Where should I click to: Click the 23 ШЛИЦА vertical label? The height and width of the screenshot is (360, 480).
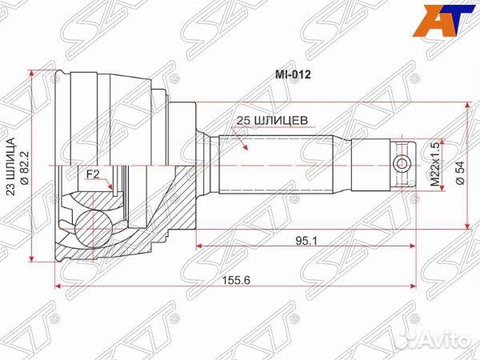[10, 166]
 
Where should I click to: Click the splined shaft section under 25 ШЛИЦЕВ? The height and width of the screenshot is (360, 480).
[272, 166]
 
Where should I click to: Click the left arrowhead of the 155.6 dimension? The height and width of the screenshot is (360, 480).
[58, 286]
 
